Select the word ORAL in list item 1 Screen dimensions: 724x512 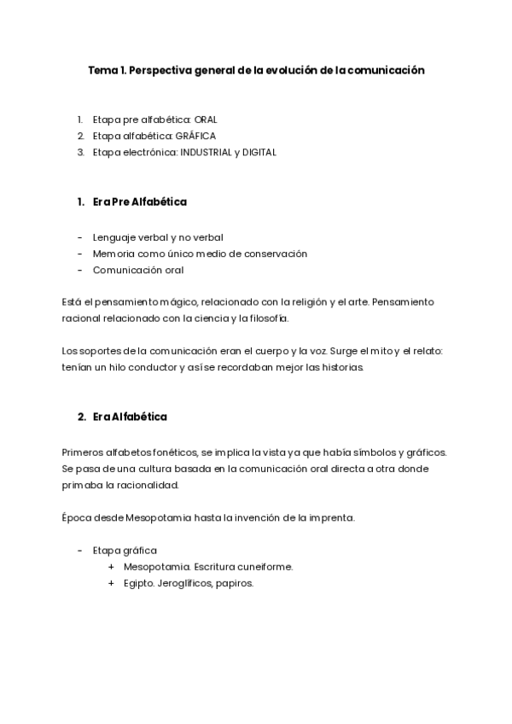(206, 120)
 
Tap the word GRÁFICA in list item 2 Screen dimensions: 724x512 (196, 136)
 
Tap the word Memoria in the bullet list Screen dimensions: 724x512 (113, 254)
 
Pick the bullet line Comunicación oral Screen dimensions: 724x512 (138, 270)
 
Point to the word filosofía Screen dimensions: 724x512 (268, 318)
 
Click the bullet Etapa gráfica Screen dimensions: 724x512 (125, 551)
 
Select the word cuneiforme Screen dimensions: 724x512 (267, 567)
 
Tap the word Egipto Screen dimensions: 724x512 (138, 583)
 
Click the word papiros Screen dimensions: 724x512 (236, 583)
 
